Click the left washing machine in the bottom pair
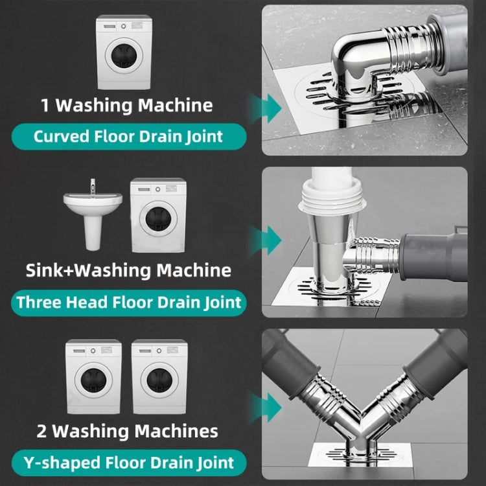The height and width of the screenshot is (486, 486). click(93, 376)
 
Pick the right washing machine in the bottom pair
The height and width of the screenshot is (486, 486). click(159, 376)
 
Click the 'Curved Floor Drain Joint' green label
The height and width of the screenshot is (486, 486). click(128, 137)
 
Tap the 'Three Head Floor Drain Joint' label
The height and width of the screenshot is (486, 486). click(129, 302)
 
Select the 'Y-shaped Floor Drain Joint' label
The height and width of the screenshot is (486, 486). click(128, 463)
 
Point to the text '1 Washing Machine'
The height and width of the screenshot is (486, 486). click(126, 105)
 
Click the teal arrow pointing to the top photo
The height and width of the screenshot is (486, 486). click(266, 105)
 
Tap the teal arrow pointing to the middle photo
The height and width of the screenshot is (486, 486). click(266, 241)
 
